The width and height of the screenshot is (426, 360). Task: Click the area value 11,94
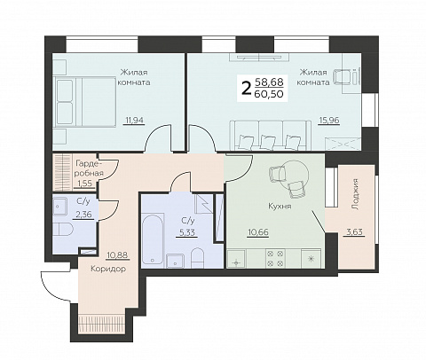(135, 121)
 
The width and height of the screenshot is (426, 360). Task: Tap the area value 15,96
(328, 121)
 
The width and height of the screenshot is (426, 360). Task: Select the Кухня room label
(280, 206)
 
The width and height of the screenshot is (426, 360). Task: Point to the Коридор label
(108, 269)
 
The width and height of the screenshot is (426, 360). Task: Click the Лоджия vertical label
(356, 194)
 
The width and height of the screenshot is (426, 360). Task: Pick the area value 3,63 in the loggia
(354, 232)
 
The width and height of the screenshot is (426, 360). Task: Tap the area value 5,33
(187, 232)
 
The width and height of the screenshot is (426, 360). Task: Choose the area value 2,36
(85, 215)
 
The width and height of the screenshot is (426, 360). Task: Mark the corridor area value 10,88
(118, 254)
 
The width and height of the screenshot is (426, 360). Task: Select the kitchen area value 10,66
(258, 232)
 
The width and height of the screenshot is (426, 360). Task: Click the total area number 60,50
(269, 94)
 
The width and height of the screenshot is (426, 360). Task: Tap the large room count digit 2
(246, 88)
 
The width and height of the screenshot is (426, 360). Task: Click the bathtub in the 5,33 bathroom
(153, 239)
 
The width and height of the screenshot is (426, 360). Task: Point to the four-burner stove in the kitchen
(275, 258)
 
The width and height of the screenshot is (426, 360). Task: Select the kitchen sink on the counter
(236, 259)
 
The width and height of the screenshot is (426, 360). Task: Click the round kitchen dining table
(295, 176)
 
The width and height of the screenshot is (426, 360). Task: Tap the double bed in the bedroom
(84, 102)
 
